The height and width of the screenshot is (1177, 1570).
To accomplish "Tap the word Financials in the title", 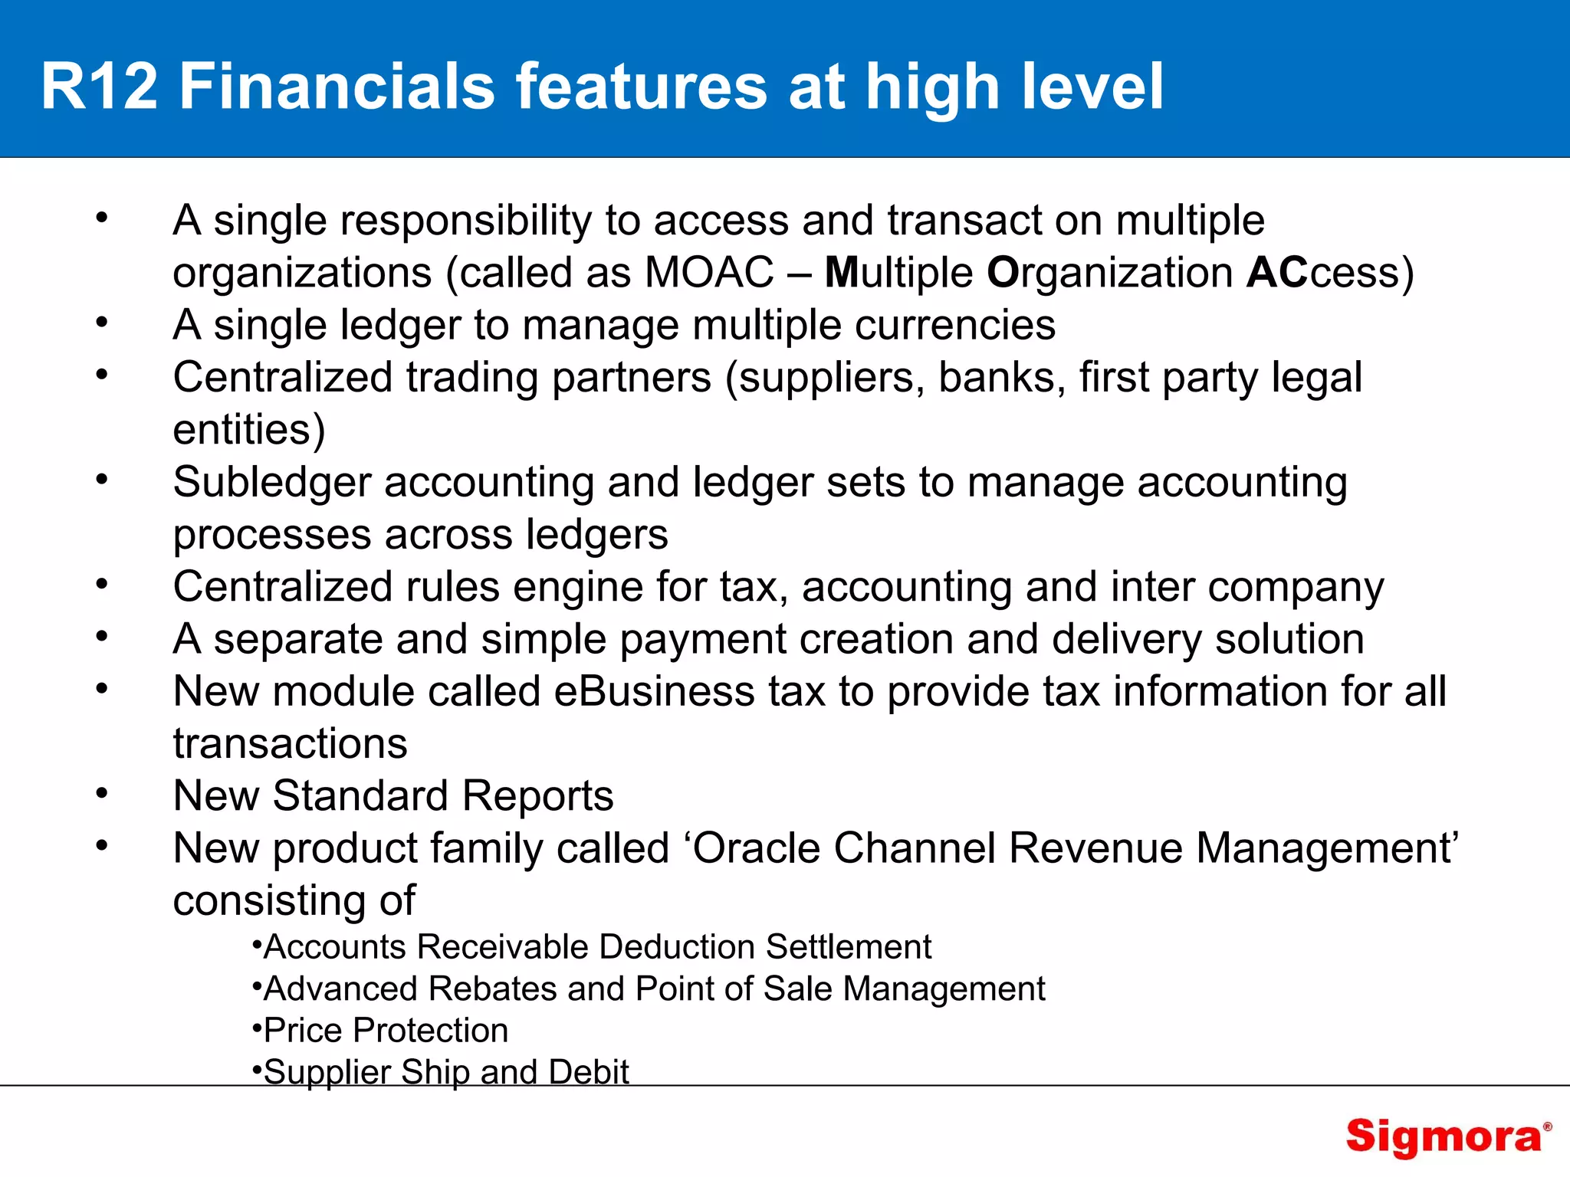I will coord(337,86).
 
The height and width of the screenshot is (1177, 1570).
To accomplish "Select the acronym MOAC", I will coord(709,273).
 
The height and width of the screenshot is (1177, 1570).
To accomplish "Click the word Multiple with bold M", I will coord(898,273).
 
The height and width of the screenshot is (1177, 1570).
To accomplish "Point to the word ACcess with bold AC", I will coord(1330,273).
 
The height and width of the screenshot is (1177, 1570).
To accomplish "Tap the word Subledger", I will coord(271,483).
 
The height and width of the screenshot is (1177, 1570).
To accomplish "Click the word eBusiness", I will coord(654,691).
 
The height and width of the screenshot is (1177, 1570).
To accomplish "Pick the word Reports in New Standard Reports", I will coord(537,796).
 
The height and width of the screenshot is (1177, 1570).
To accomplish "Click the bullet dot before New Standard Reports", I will coord(102,794).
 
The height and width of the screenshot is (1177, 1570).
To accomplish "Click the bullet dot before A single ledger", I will coord(102,323).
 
